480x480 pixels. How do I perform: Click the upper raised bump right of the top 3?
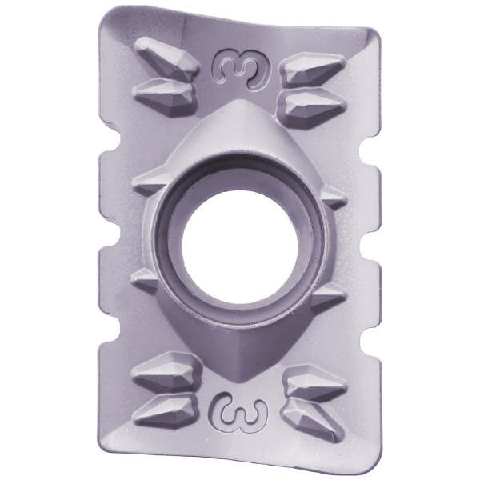coord(313,69)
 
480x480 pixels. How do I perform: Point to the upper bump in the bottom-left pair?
coord(166,371)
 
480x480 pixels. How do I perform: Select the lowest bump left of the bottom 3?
coord(166,410)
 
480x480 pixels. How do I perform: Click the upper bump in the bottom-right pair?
coord(315,382)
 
